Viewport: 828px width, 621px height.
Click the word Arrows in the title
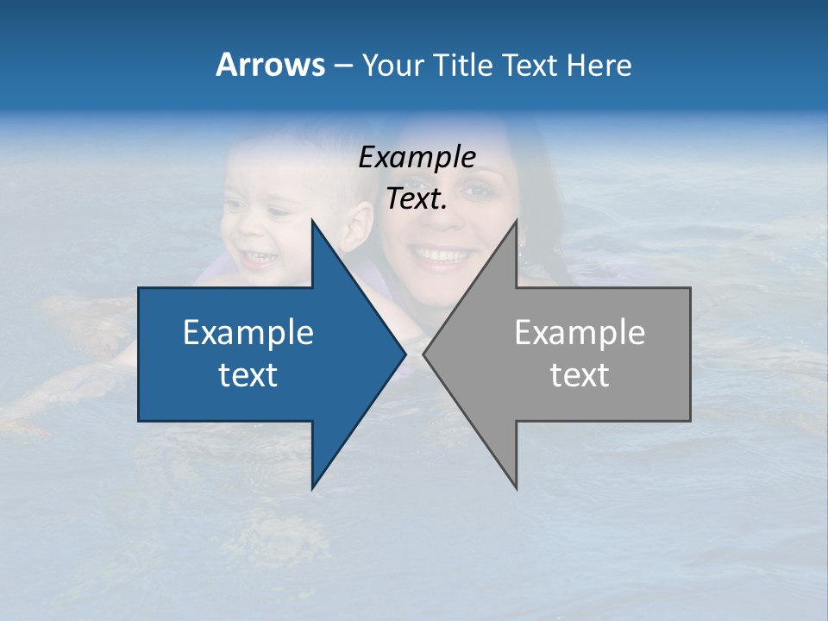coord(270,65)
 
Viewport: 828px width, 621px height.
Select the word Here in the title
coord(599,66)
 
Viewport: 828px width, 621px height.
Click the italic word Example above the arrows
coord(417,158)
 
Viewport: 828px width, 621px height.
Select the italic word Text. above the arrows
coord(417,199)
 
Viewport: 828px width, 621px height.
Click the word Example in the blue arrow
coord(248,333)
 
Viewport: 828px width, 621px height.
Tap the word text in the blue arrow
coord(248,374)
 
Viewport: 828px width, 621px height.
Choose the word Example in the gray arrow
coord(580,333)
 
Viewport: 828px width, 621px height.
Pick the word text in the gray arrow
coord(580,374)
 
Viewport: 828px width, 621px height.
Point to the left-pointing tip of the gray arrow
coord(424,354)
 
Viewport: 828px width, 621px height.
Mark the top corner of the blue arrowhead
coord(312,221)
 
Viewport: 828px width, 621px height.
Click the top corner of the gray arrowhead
coord(516,221)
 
